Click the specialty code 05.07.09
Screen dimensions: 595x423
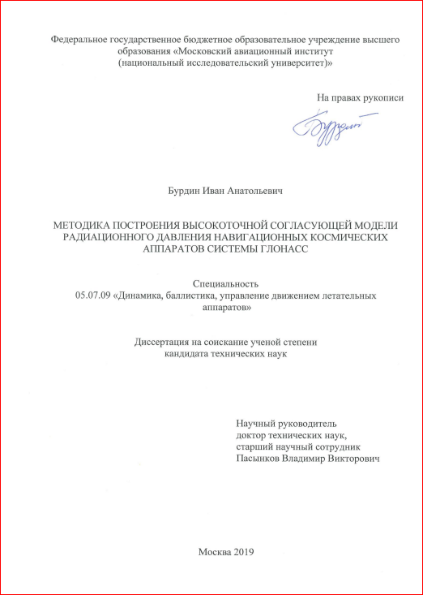(x=92, y=296)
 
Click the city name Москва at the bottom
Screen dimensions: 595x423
(x=213, y=552)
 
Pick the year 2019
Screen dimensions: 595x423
(x=243, y=552)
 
